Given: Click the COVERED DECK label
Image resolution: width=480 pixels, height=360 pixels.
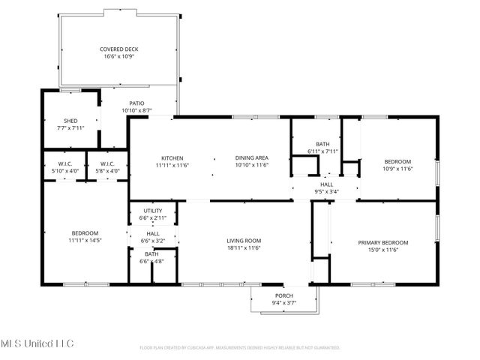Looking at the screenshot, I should [x=118, y=49].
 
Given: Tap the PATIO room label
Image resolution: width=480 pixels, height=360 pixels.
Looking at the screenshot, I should [x=136, y=103].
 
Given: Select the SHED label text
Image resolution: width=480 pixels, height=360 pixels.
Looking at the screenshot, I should [x=70, y=121].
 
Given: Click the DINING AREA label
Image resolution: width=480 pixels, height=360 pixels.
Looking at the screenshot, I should [x=252, y=158].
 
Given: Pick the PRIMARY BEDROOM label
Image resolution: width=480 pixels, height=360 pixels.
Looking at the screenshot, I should [x=382, y=242].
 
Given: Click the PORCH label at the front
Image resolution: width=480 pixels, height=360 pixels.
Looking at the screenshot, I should [x=284, y=295].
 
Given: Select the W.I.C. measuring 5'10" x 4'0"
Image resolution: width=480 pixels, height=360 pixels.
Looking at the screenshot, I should [x=64, y=164].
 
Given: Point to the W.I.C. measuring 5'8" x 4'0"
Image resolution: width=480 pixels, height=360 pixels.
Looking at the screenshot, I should [x=106, y=164].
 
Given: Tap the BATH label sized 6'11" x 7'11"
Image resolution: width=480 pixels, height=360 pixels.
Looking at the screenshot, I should [x=323, y=144].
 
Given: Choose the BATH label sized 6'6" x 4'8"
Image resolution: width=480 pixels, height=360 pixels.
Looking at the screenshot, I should [x=151, y=254].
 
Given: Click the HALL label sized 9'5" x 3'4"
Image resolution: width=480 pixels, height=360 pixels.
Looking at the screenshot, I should [x=327, y=184].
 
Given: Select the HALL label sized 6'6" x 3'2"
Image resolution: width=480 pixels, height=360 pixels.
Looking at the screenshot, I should [x=152, y=234].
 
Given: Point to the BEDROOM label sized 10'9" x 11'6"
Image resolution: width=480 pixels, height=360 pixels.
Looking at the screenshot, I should [x=397, y=162].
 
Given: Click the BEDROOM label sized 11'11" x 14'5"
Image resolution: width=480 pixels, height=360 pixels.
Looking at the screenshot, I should [x=85, y=233].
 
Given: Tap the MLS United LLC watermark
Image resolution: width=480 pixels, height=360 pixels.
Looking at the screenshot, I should [x=37, y=343].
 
